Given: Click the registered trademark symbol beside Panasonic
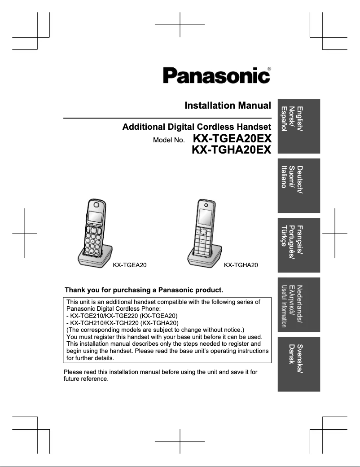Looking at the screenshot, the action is point(269,69).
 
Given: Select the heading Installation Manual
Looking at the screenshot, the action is point(228,106).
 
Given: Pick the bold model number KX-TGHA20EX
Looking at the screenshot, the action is point(231,151).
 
